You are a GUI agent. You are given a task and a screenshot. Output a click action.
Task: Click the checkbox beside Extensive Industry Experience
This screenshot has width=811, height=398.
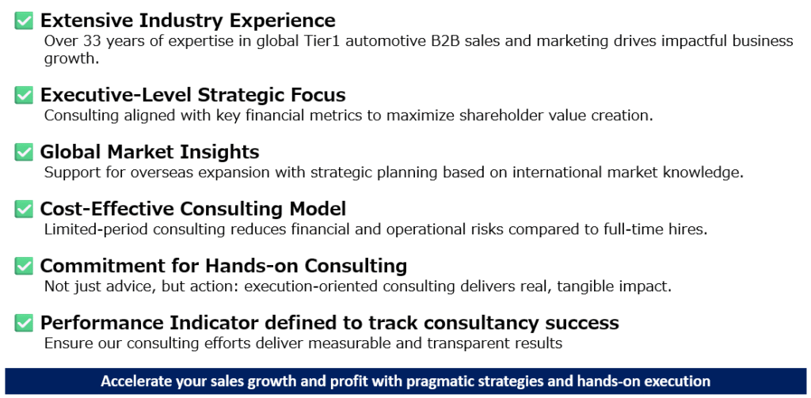[24, 21]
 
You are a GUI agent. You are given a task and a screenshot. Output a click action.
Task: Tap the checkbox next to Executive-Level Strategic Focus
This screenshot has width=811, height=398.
[24, 96]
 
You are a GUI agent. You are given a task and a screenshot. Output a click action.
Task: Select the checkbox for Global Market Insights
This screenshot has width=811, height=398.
[24, 152]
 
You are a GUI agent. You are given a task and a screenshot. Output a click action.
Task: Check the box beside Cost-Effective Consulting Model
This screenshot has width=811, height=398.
[24, 209]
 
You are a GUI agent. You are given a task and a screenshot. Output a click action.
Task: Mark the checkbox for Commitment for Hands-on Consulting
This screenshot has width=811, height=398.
[24, 266]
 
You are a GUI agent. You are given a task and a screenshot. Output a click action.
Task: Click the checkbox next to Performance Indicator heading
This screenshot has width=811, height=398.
[24, 323]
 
